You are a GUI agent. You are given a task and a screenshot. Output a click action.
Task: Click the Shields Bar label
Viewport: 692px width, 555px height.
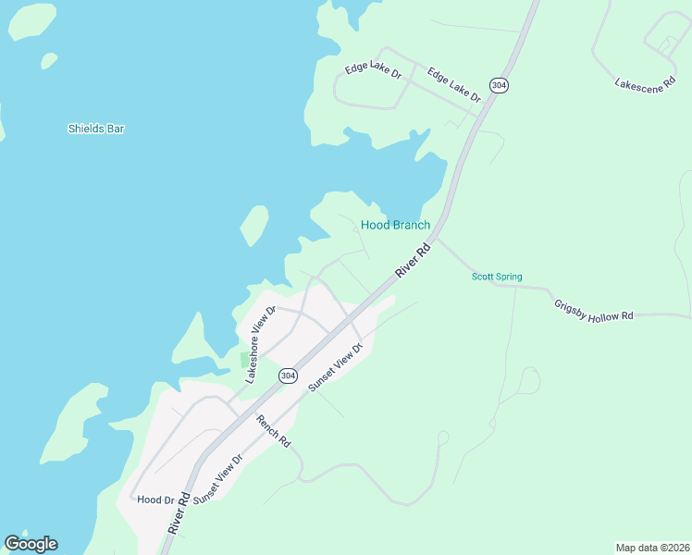coord(96,129)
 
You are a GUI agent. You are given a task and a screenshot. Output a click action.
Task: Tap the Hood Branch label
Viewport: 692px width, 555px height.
coord(395,225)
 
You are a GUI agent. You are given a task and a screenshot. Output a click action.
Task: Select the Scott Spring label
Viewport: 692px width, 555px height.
coord(497,277)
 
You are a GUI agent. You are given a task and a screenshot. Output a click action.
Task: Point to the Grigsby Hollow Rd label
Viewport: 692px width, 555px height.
coord(593,310)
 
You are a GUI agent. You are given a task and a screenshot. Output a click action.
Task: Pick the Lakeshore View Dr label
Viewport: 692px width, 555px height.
coord(260,344)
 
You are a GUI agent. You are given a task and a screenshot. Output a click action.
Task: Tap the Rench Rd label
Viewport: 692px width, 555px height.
coord(274,431)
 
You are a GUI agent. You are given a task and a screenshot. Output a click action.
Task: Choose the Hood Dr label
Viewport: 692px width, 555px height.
coord(155,499)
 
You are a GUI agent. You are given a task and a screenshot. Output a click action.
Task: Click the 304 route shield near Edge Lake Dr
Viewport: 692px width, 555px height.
coord(500,85)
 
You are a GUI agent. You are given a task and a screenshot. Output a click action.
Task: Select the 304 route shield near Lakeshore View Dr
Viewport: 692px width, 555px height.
coord(288,376)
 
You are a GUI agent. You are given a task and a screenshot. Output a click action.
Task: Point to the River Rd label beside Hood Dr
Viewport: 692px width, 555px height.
coord(179,512)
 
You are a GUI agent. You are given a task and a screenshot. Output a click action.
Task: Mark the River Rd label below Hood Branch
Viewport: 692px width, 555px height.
coord(414,261)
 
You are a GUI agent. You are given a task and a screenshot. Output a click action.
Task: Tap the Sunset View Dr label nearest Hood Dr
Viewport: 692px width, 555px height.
coord(217,478)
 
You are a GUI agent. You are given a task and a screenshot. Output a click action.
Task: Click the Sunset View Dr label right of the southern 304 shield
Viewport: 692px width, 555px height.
coord(335,365)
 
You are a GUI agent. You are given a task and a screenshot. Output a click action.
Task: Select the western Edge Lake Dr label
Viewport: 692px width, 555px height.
coord(373,70)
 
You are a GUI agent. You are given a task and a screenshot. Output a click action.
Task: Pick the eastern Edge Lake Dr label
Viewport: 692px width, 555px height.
coord(454,84)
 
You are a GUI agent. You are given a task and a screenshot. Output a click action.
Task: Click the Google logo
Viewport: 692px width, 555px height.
coord(31,544)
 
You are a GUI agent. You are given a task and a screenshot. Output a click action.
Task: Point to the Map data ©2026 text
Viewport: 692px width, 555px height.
coord(651,547)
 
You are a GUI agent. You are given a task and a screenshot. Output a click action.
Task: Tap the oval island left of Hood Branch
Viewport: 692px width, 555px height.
coord(253,225)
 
